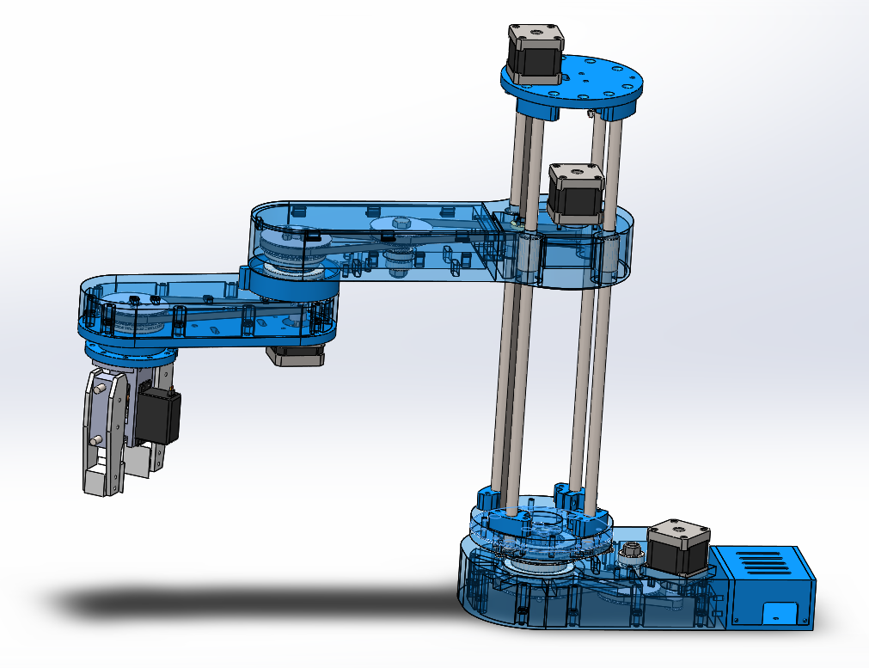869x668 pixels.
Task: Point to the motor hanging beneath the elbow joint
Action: (297, 354)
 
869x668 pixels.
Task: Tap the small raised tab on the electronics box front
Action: (780, 613)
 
